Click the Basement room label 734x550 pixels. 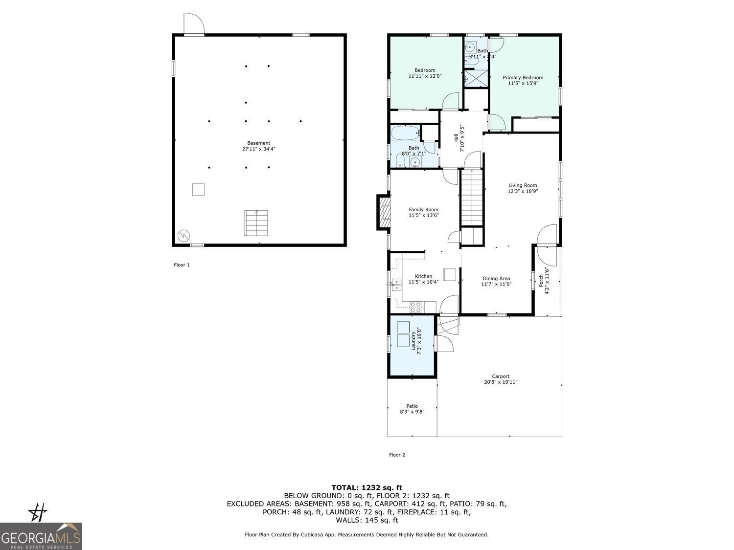258,143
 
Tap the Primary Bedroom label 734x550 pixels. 523,78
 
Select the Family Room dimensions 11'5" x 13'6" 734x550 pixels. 423,215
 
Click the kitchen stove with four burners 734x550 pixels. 416,308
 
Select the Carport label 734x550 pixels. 501,376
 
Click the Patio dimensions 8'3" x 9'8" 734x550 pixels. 412,412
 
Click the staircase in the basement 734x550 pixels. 256,223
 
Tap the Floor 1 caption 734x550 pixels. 182,265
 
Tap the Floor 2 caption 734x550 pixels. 397,455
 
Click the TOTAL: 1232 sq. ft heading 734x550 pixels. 367,487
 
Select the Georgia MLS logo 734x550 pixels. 41,536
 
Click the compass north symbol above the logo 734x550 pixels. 38,513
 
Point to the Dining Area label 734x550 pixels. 496,278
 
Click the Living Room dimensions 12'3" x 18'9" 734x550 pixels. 522,192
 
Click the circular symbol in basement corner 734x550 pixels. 184,235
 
